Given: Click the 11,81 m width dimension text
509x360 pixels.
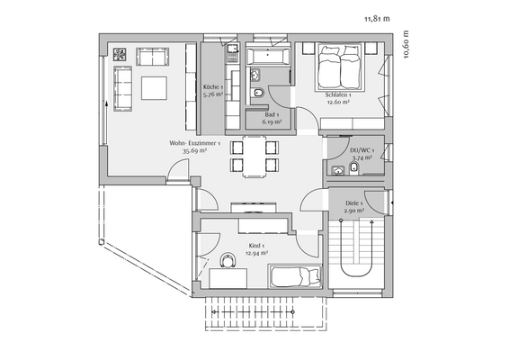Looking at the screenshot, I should (378, 17).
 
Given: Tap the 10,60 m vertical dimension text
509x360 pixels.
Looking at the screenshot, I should (406, 44).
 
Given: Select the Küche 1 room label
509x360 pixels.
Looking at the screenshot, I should (213, 87).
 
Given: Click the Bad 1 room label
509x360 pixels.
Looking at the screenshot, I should (271, 114).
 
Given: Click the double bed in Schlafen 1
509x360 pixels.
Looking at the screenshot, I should (340, 65).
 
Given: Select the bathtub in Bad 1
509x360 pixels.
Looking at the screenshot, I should (266, 57).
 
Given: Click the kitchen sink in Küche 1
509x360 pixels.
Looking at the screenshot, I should (231, 51).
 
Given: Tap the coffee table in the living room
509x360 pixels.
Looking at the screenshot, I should (154, 87).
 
